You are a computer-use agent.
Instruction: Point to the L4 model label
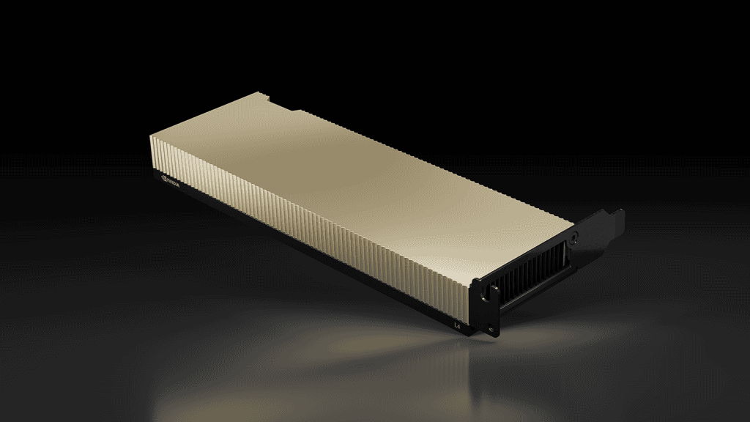[458, 323]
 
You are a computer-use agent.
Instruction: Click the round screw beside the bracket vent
[575, 238]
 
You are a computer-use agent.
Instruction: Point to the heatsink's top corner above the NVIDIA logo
[151, 136]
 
